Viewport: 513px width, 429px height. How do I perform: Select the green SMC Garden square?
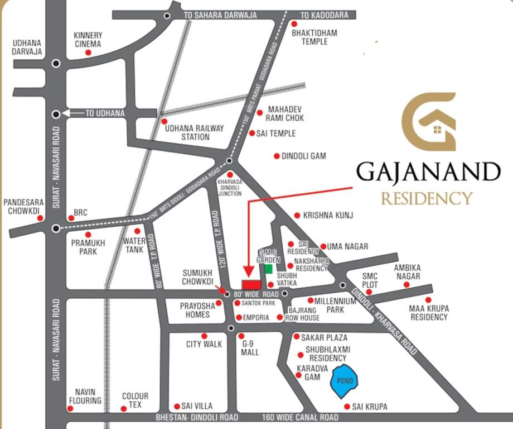(268, 269)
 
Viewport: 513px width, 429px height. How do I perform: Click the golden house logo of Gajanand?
(429, 122)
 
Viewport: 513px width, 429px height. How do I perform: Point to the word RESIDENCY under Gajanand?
(427, 198)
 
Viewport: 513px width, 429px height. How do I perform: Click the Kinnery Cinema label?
(88, 40)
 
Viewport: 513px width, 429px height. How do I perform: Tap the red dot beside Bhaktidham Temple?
(294, 24)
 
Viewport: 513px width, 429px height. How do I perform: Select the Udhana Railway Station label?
(195, 132)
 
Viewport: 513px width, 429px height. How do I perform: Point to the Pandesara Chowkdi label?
(22, 207)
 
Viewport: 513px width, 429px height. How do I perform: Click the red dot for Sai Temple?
(252, 133)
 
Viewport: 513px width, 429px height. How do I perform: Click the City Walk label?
(204, 345)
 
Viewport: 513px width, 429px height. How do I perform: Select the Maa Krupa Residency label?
(429, 313)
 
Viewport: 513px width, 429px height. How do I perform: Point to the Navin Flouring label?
(85, 396)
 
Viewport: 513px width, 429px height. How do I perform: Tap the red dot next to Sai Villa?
(177, 406)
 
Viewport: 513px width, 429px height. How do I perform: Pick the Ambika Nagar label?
(406, 271)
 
